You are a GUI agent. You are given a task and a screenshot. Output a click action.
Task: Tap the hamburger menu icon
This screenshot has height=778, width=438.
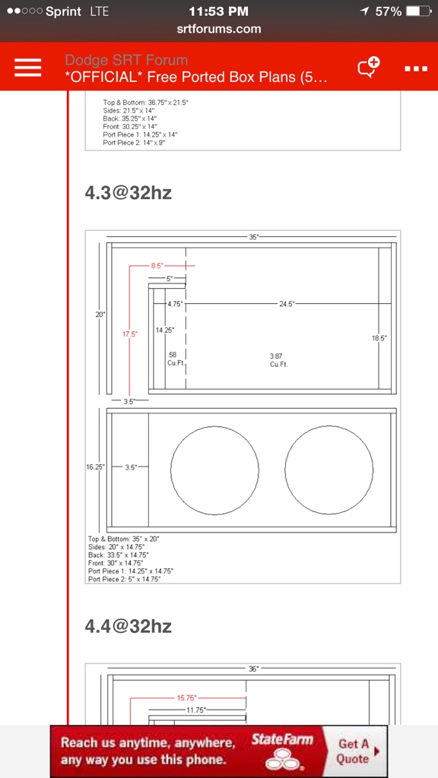[28, 67]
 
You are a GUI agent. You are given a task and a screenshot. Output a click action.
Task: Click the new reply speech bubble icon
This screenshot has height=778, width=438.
[369, 67]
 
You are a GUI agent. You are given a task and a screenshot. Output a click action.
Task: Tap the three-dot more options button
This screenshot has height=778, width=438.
[416, 68]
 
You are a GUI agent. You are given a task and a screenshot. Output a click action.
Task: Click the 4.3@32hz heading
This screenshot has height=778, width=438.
[128, 192]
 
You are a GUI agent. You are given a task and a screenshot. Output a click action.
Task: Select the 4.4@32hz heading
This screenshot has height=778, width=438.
[128, 626]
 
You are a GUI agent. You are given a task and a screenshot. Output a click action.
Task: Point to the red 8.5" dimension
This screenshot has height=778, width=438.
[157, 265]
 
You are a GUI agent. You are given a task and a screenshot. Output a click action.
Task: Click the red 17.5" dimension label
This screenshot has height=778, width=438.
[130, 334]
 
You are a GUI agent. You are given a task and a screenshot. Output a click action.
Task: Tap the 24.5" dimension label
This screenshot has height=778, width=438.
[286, 303]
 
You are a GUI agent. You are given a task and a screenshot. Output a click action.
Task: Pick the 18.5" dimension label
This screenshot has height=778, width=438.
[379, 338]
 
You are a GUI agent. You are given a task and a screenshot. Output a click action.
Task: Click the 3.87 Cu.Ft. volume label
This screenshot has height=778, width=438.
[278, 360]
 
